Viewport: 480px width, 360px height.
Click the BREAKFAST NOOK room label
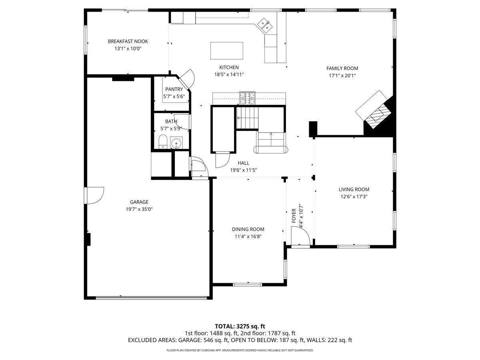coord(128,41)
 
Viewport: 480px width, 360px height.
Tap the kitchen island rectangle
coord(227,50)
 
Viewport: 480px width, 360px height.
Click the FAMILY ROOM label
coord(342,68)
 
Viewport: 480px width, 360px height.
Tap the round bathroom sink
coord(176,143)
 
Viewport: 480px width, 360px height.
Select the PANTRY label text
coord(174,89)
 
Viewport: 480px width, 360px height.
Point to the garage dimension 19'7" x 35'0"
coord(139,209)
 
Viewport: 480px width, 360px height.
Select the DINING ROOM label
coord(248,229)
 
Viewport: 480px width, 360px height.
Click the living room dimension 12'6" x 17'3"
coord(354,196)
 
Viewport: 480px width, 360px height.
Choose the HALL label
coord(243,163)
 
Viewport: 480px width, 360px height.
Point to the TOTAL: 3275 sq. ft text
coord(240,326)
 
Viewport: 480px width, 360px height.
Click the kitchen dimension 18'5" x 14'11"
coord(229,74)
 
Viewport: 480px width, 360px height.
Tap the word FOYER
coord(294,216)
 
